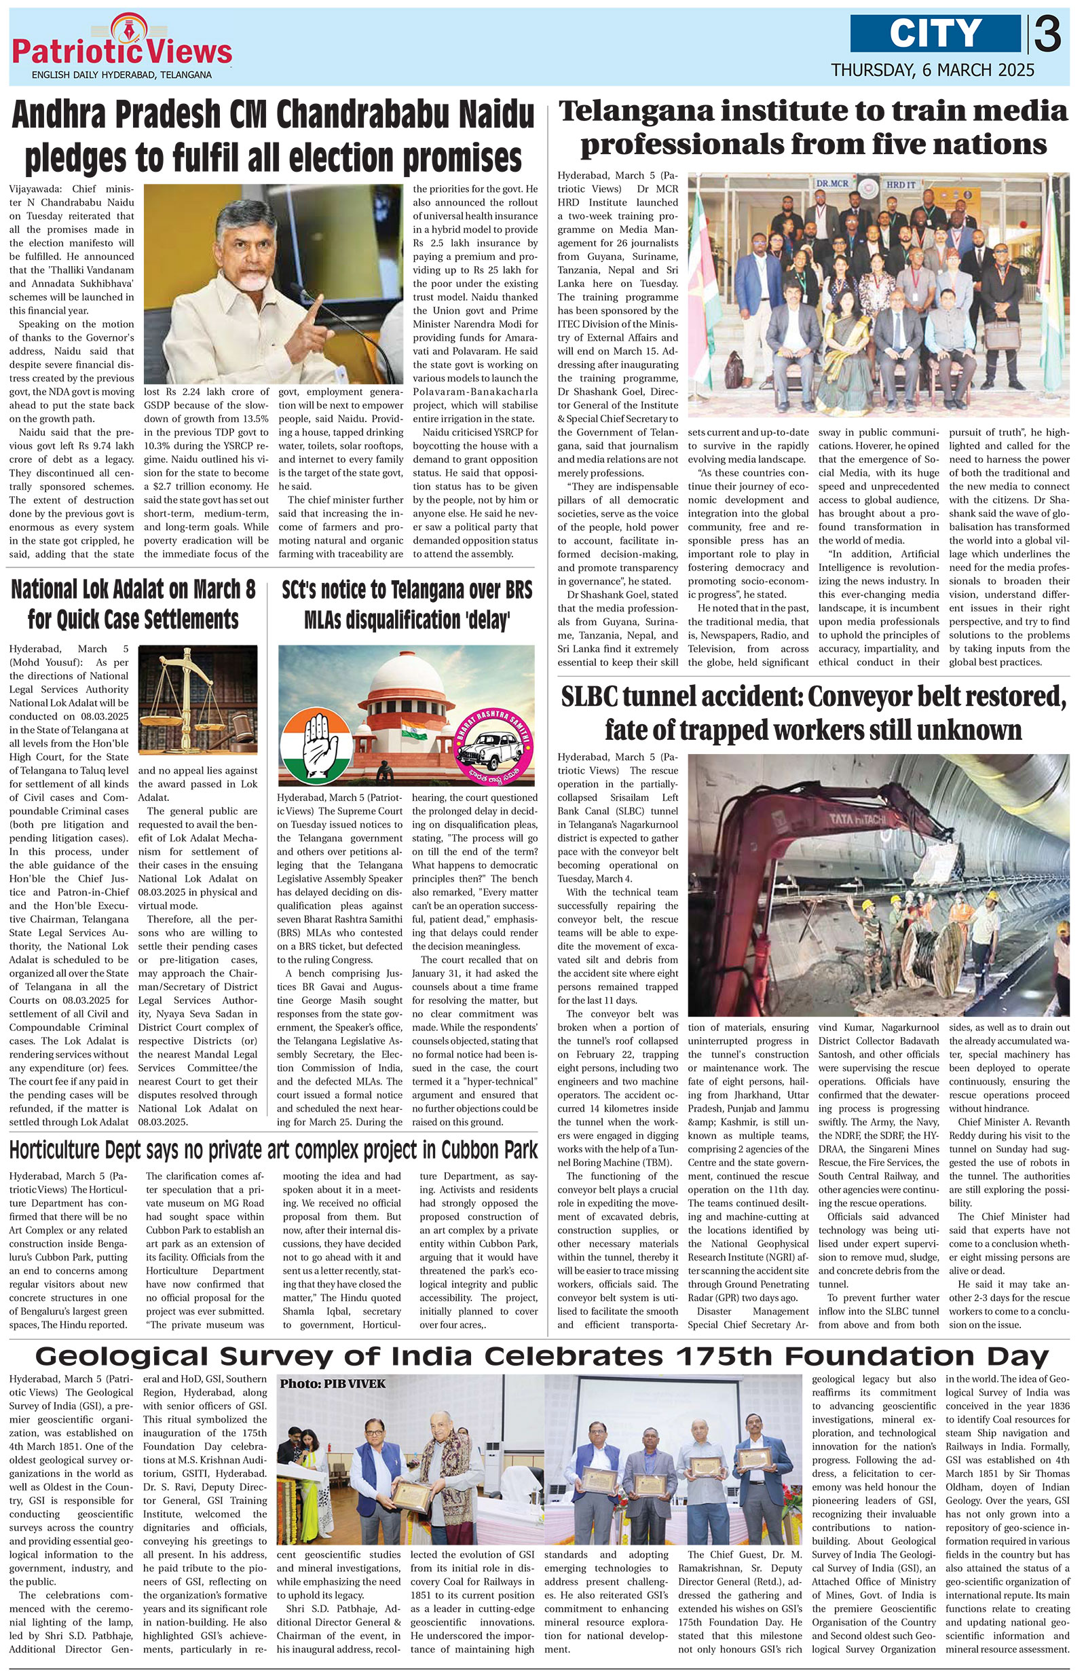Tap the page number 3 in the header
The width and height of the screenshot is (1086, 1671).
click(x=1047, y=35)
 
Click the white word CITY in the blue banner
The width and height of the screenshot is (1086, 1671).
click(x=935, y=33)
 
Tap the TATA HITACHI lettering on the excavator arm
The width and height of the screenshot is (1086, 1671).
click(x=857, y=818)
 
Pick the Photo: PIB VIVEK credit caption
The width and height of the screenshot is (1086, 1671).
click(x=333, y=1384)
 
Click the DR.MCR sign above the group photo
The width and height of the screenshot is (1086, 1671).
click(x=834, y=183)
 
